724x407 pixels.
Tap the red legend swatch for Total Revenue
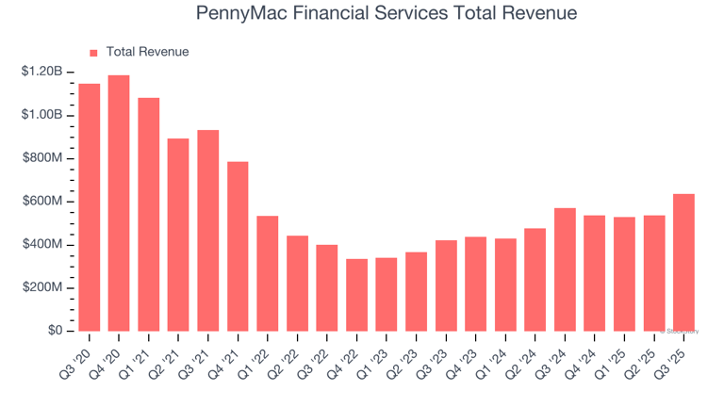click(x=93, y=53)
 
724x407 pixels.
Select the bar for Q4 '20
click(x=119, y=203)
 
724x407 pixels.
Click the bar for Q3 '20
click(x=90, y=207)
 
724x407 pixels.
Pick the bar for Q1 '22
click(x=268, y=273)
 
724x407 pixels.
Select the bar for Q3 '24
click(x=565, y=269)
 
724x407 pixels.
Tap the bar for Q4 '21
click(x=238, y=246)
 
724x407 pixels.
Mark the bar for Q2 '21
click(x=178, y=235)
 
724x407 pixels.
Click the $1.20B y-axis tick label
click(x=41, y=72)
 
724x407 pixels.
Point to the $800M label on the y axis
click(x=41, y=158)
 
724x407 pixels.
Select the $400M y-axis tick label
click(x=41, y=245)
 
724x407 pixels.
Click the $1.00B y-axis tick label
click(x=41, y=115)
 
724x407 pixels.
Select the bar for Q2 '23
click(x=416, y=291)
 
